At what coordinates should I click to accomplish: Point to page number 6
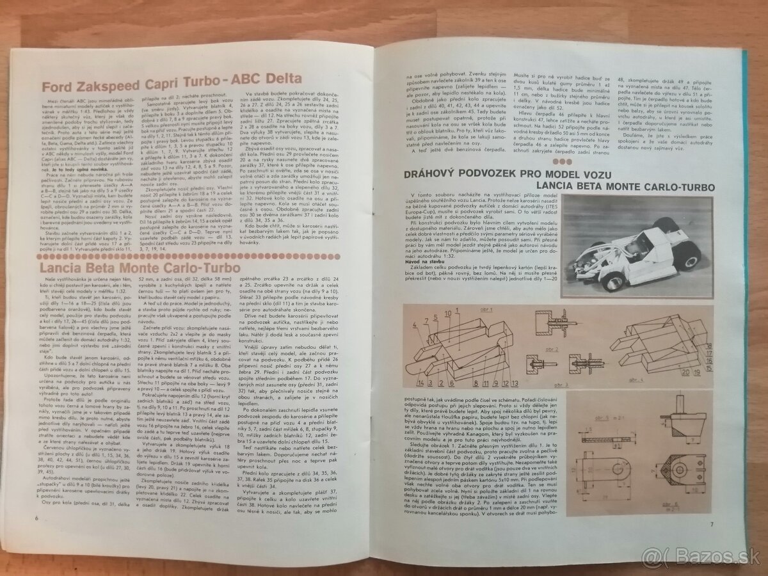[x=38, y=534]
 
